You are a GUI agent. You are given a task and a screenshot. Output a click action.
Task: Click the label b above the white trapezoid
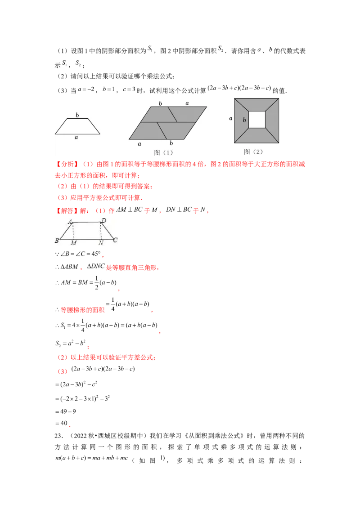pos(77,115)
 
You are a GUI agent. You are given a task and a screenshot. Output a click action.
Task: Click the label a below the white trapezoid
pos(76,138)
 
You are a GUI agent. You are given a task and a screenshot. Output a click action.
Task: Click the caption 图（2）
pos(253,152)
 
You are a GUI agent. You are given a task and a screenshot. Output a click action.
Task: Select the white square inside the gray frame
pos(257,120)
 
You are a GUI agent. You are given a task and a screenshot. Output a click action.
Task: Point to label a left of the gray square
pos(230,118)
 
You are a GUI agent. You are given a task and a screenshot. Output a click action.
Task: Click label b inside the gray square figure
pos(244,120)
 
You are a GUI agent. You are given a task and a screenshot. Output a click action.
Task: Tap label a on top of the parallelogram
pos(187,103)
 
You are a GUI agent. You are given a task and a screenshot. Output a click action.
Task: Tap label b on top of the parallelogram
pos(160,103)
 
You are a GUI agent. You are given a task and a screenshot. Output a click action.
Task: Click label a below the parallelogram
pos(139,144)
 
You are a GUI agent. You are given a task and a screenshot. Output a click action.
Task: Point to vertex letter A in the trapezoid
pos(71,221)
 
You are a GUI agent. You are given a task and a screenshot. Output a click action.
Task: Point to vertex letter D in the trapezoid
pos(103,220)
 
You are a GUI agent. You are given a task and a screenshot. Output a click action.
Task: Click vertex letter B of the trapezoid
pos(57,241)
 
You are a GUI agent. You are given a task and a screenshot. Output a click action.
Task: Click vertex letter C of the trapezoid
pos(115,241)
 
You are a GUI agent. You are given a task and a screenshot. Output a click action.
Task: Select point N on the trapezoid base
pos(101,243)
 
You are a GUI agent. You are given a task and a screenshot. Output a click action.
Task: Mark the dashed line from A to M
pos(73,231)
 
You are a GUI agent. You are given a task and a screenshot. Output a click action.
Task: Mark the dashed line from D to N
pos(101,231)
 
